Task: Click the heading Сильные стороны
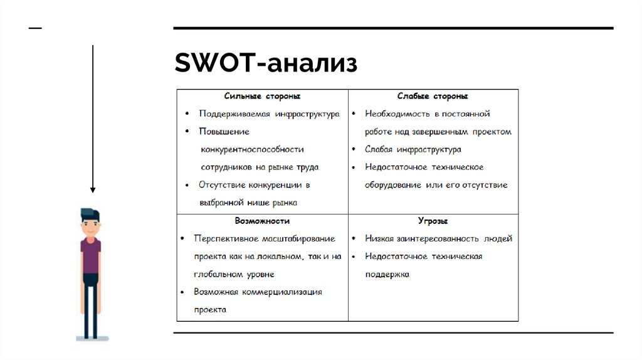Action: point(262,97)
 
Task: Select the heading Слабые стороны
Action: point(433,97)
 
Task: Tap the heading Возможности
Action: point(262,221)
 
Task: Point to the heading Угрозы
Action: point(433,221)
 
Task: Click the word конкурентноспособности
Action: point(252,149)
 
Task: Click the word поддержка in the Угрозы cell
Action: point(387,275)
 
